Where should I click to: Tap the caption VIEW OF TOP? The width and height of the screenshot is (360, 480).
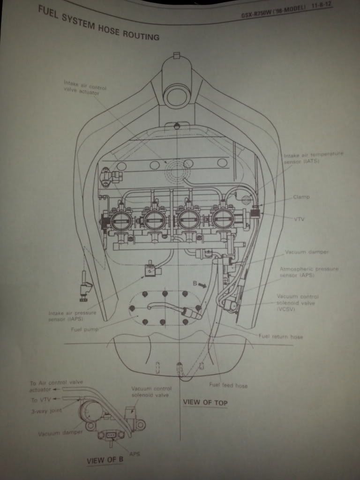(204, 402)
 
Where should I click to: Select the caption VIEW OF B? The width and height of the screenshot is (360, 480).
(105, 460)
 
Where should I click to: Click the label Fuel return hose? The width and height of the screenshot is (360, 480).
(280, 337)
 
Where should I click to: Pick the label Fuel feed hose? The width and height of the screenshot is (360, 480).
(228, 385)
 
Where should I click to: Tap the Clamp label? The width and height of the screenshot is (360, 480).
(301, 197)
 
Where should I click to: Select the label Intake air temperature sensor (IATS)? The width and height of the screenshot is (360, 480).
(313, 157)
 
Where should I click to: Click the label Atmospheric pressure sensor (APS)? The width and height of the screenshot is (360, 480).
(308, 272)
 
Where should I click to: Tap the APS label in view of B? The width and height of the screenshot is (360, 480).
(135, 454)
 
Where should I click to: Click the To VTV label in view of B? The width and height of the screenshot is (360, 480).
(41, 399)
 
